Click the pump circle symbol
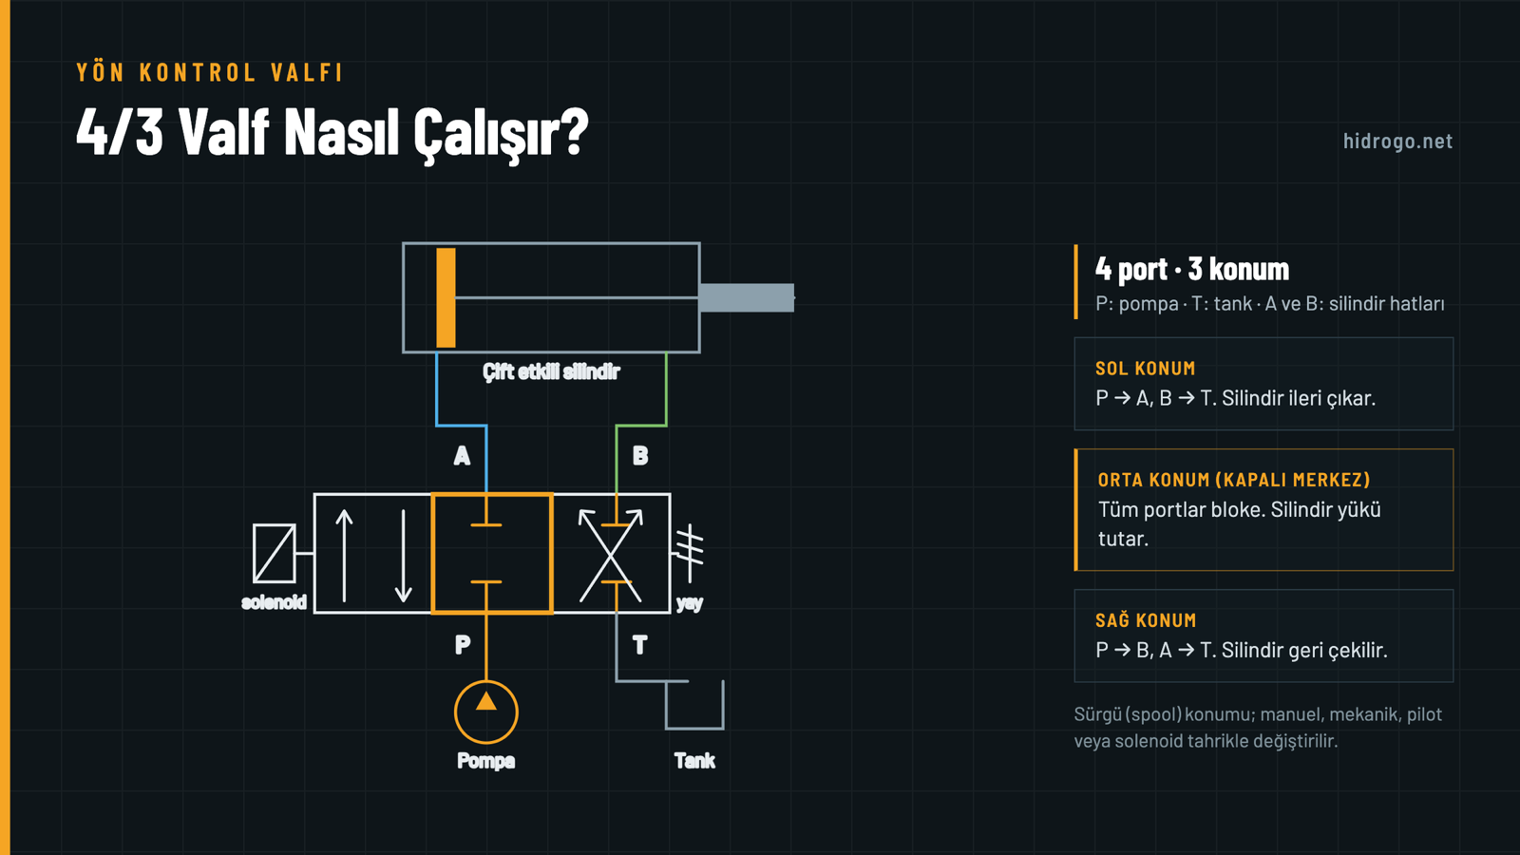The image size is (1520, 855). point(485,712)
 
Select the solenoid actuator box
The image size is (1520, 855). point(275,553)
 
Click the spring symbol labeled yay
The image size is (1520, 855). point(689,552)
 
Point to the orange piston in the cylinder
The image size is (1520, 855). point(446,298)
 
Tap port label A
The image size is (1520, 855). point(462,456)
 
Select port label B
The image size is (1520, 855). point(640,456)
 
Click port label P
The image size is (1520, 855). point(462,645)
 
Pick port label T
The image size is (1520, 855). point(639,645)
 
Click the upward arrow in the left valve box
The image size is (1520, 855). point(344,556)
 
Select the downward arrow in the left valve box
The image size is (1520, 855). point(403,556)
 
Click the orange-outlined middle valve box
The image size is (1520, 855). point(432,553)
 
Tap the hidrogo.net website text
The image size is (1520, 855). point(1397,142)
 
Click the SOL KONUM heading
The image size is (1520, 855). point(1146,369)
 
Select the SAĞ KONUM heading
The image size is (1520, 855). point(1146,620)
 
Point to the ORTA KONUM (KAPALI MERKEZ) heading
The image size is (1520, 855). point(1234,481)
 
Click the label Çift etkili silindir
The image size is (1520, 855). point(551,371)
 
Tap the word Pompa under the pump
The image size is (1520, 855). point(485,761)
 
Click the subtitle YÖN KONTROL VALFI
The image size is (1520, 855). point(210,72)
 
